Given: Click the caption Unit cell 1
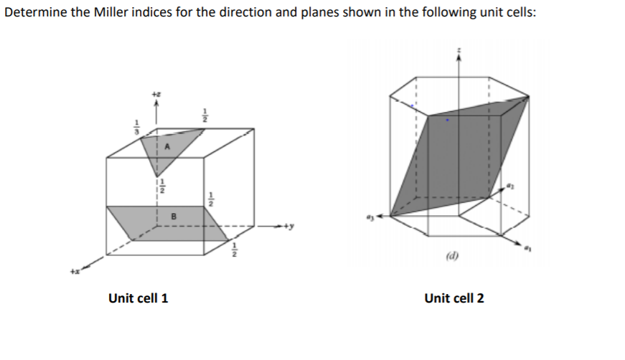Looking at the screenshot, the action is click(138, 298).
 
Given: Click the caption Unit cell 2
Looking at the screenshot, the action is click(454, 298).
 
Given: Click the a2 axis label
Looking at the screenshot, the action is click(512, 186).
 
